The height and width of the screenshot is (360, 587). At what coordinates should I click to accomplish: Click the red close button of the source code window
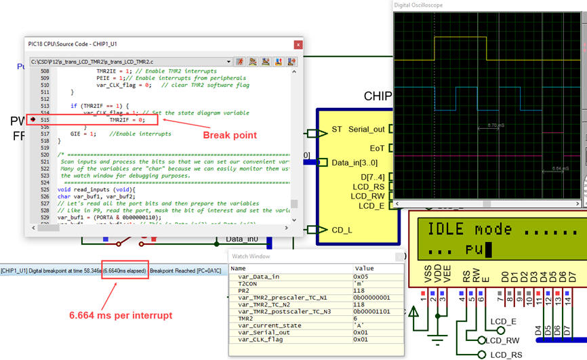297,44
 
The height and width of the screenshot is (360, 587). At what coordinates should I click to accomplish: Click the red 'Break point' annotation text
230,135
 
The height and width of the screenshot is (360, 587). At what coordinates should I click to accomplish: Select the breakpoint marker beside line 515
33,119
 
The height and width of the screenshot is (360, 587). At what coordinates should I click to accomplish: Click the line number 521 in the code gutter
45,155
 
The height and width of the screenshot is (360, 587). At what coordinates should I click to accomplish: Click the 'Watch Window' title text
251,256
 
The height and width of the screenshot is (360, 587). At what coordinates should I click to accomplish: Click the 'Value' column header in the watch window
364,268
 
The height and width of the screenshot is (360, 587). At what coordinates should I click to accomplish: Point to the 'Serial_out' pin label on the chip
366,129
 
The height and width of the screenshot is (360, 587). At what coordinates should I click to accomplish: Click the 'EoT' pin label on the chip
377,147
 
